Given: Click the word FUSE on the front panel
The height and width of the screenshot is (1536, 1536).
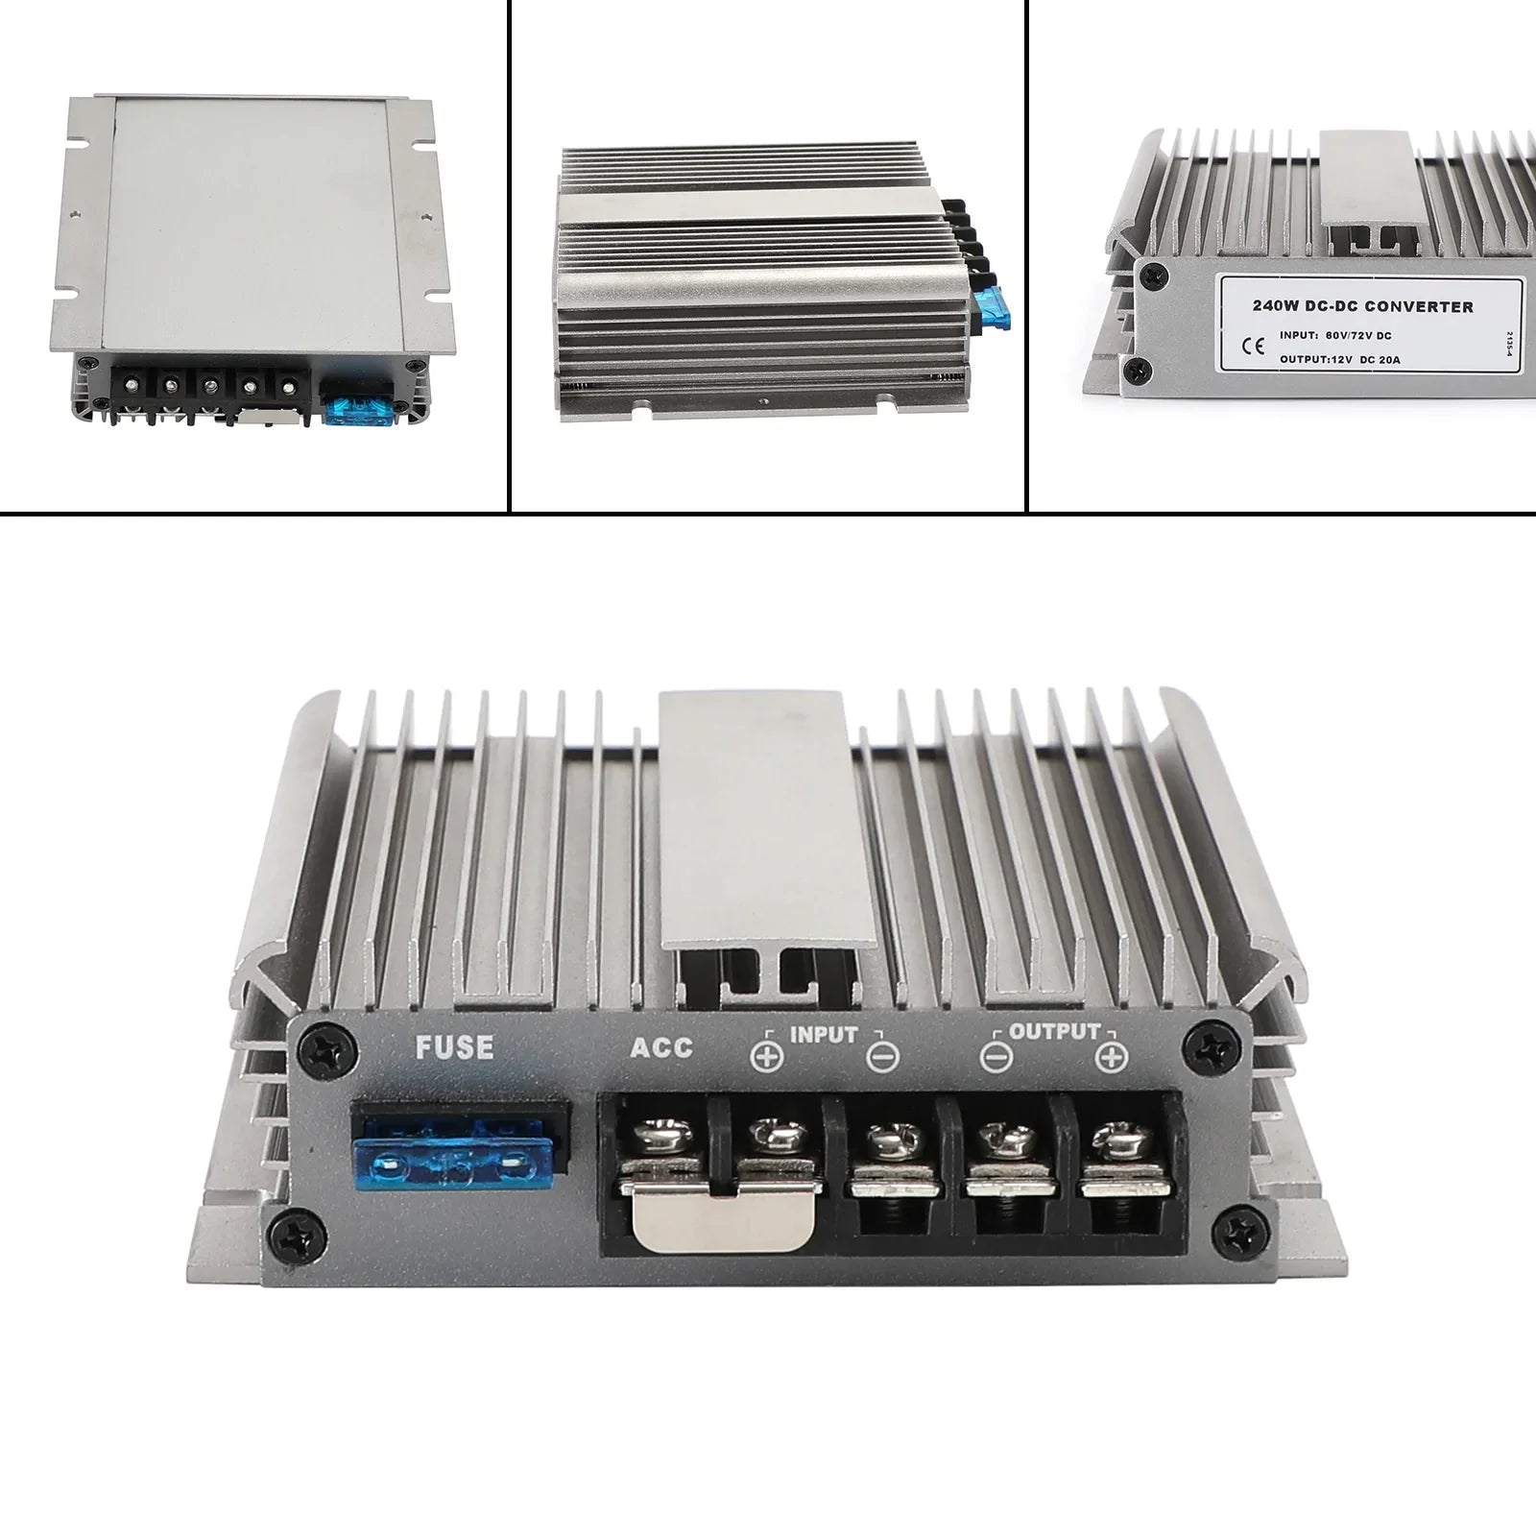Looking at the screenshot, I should [x=454, y=1046].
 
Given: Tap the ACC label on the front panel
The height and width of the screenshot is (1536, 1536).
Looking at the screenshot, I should [x=660, y=1046].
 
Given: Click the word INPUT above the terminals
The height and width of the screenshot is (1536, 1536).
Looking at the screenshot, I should [x=823, y=1035].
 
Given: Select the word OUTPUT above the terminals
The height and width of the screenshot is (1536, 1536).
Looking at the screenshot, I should [x=1054, y=1033].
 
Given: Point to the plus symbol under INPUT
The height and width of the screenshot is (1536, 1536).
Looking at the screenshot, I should [x=767, y=1057].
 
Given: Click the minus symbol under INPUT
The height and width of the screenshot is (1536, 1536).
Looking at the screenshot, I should [x=881, y=1057].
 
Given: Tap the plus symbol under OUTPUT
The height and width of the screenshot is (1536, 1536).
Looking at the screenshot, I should [x=1111, y=1057].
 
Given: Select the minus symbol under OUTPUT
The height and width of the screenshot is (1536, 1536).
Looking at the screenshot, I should [x=996, y=1057].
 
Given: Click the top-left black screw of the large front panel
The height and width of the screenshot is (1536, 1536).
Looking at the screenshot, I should [x=319, y=1045].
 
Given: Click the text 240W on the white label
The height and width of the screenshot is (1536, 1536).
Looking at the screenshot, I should [x=1274, y=307].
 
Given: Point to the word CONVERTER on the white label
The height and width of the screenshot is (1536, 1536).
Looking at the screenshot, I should [x=1419, y=307].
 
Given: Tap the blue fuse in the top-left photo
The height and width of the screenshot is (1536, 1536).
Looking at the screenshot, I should [x=355, y=412].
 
